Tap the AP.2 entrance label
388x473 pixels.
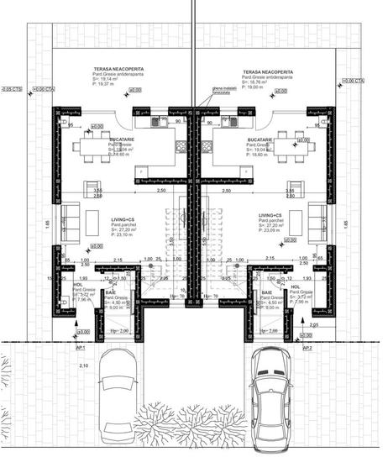click(x=307, y=346)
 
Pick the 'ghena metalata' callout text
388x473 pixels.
click(x=224, y=100)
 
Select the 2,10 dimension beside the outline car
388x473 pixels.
click(x=83, y=366)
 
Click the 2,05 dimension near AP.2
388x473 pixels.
click(x=313, y=324)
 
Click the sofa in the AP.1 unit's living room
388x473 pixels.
click(x=71, y=220)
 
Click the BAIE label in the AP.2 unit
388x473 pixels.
click(x=266, y=292)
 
